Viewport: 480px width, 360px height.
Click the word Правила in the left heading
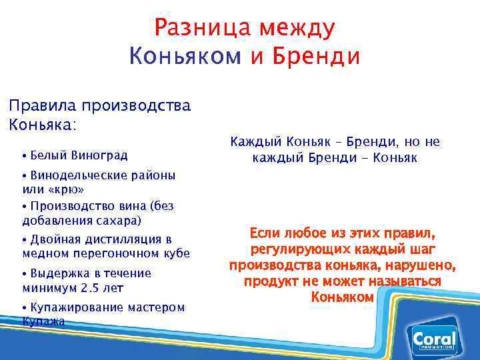coord(41,105)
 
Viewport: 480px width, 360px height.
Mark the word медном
coord(47,253)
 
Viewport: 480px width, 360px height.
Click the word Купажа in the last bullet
coord(43,321)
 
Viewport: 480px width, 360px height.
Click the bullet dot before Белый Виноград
coord(24,157)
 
